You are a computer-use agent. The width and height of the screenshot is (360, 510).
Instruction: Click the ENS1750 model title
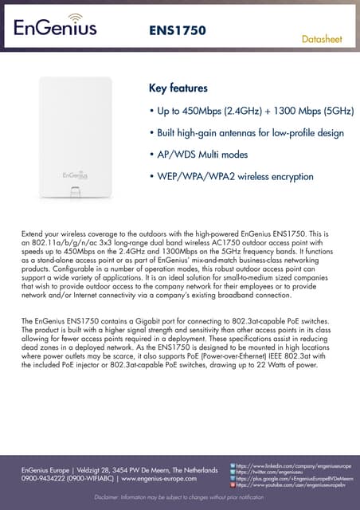click(178, 31)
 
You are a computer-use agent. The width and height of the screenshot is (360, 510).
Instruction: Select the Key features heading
click(178, 88)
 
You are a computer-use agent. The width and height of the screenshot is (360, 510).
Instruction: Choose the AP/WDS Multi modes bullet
click(198, 154)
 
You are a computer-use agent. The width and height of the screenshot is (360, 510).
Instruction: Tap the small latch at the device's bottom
click(75, 192)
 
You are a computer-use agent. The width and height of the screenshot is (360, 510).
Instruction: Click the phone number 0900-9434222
click(41, 479)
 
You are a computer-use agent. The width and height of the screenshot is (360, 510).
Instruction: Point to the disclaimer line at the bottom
click(179, 498)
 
